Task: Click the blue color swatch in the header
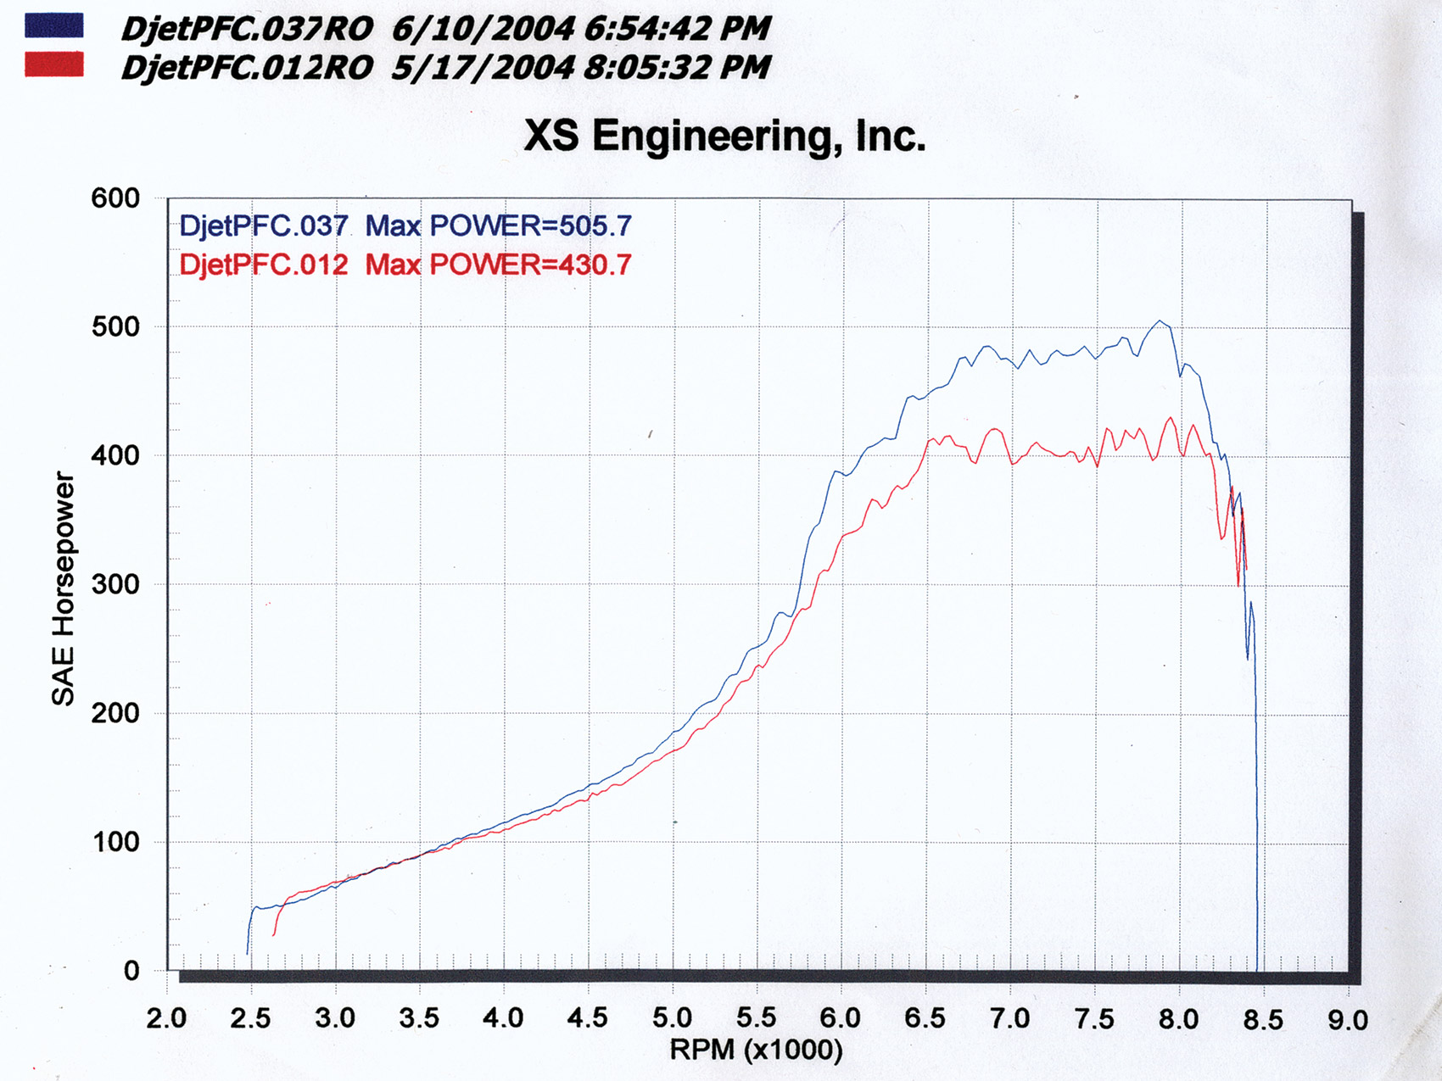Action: point(54,25)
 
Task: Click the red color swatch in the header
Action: point(54,64)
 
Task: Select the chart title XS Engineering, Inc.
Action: point(724,136)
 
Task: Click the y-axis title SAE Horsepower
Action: point(64,589)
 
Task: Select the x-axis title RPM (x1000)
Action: point(756,1050)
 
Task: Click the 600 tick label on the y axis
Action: point(115,198)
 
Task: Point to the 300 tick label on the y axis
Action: point(115,584)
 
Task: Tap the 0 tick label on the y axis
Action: point(131,971)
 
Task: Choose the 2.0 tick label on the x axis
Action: point(166,1017)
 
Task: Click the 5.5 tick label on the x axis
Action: point(756,1017)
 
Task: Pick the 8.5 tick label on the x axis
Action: point(1262,1019)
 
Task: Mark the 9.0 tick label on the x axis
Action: point(1347,1019)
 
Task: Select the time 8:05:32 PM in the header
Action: point(677,68)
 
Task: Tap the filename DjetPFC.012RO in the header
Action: point(247,68)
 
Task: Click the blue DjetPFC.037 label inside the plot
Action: point(264,226)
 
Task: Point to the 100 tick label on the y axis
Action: point(115,842)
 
